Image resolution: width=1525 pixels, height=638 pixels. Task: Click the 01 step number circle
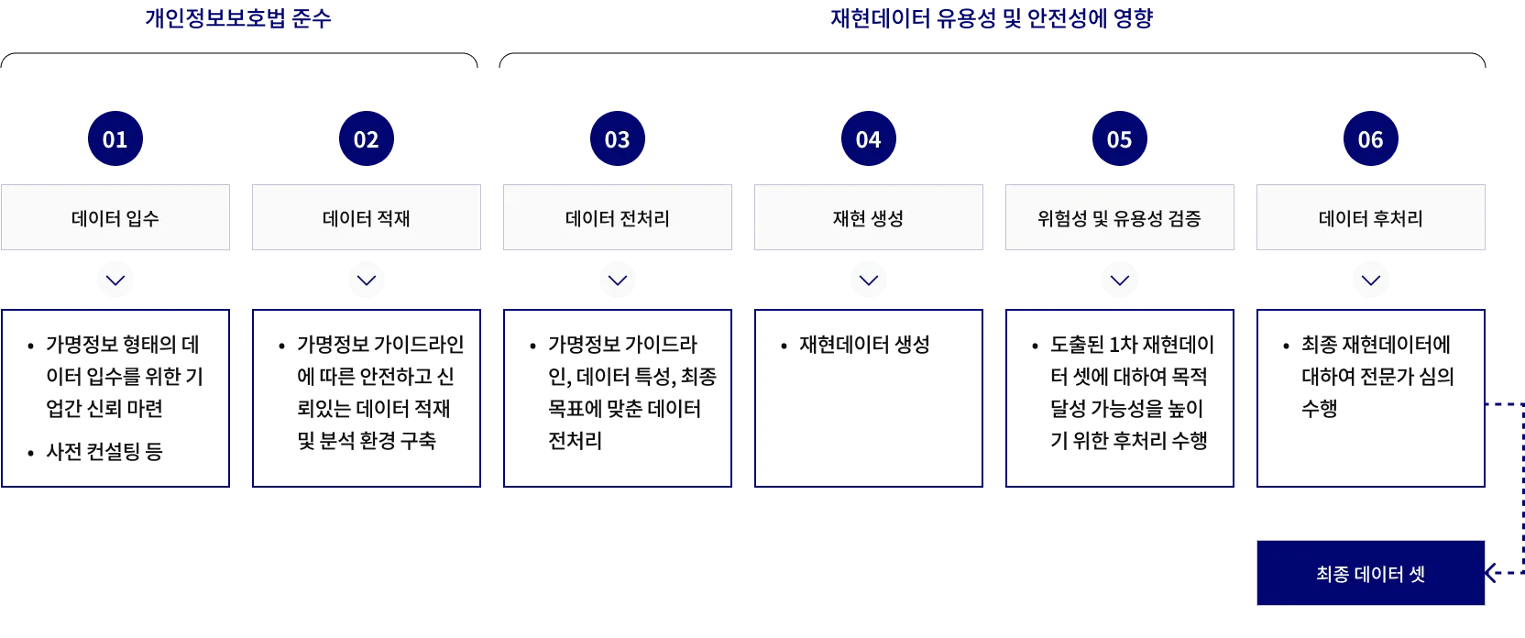pyautogui.click(x=115, y=139)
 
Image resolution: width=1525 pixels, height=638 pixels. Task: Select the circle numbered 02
pyautogui.click(x=367, y=139)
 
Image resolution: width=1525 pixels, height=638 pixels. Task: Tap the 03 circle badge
pyautogui.click(x=618, y=139)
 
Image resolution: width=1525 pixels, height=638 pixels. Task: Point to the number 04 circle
pyautogui.click(x=869, y=139)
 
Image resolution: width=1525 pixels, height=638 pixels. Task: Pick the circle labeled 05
pyautogui.click(x=1120, y=139)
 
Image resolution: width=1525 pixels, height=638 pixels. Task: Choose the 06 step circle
pyautogui.click(x=1371, y=139)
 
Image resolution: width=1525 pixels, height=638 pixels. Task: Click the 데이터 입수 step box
pyautogui.click(x=116, y=218)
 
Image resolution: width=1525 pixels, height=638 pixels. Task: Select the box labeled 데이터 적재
pyautogui.click(x=367, y=218)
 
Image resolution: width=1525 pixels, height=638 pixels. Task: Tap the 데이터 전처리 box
pyautogui.click(x=617, y=218)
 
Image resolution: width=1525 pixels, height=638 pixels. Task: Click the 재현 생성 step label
pyautogui.click(x=869, y=218)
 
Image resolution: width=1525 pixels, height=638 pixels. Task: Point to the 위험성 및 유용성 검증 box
pyautogui.click(x=1121, y=218)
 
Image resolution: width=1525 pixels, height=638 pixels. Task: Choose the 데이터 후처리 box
pyautogui.click(x=1371, y=218)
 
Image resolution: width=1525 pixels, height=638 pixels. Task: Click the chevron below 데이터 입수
pyautogui.click(x=116, y=280)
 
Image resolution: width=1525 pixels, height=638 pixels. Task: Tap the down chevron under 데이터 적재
pyautogui.click(x=367, y=280)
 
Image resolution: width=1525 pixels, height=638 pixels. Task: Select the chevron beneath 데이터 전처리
pyautogui.click(x=617, y=280)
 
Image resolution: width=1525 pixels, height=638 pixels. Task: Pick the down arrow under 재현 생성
pyautogui.click(x=869, y=280)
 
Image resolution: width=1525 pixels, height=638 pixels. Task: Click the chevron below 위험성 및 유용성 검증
pyautogui.click(x=1120, y=280)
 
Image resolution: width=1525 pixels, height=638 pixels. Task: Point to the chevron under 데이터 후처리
pyautogui.click(x=1371, y=280)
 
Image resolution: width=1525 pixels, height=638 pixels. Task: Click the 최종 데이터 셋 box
pyautogui.click(x=1371, y=574)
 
